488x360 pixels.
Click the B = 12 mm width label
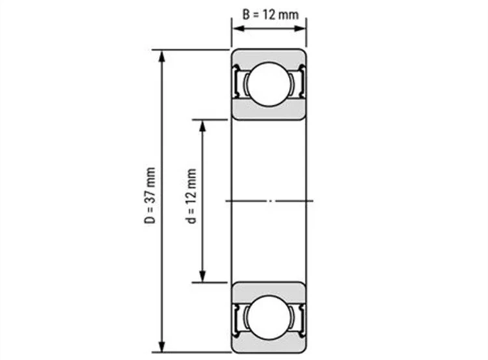[270, 14]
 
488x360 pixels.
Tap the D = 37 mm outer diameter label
[150, 195]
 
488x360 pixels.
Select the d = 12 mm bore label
[191, 196]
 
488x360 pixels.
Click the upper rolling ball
[268, 84]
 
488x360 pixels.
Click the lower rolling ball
[268, 317]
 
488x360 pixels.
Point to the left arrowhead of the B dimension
[238, 29]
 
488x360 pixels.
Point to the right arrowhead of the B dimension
[300, 29]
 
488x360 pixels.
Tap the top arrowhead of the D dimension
[161, 56]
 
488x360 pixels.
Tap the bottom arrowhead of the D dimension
[161, 346]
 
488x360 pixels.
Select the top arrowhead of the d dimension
[202, 126]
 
